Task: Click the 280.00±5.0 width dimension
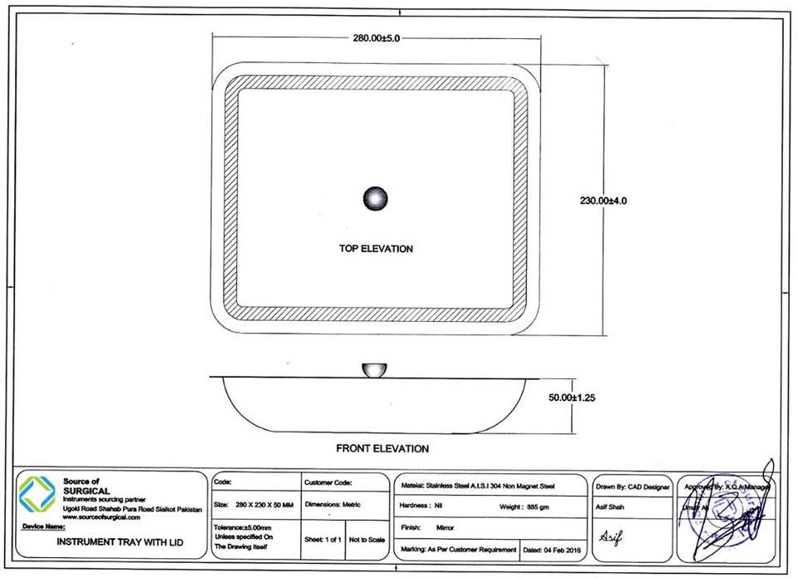pos(377,38)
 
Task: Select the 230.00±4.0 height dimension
pos(608,200)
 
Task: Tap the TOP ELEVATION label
pos(376,249)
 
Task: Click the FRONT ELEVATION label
pos(382,449)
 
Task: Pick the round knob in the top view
pos(376,199)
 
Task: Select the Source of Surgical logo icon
pos(37,493)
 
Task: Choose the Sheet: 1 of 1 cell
pos(323,540)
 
